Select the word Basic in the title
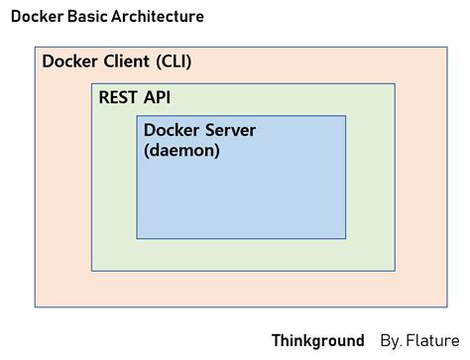tap(89, 17)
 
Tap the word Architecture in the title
tap(159, 17)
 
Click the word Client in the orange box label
tap(125, 62)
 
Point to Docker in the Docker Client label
tap(70, 62)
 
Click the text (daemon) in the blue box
tap(181, 151)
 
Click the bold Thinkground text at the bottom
tap(317, 341)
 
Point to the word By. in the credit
tap(391, 341)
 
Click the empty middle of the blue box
tap(241, 198)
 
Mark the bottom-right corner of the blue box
tap(346, 238)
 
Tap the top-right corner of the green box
tap(395, 84)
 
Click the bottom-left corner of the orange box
tap(35, 304)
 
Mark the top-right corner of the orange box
tap(437, 47)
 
